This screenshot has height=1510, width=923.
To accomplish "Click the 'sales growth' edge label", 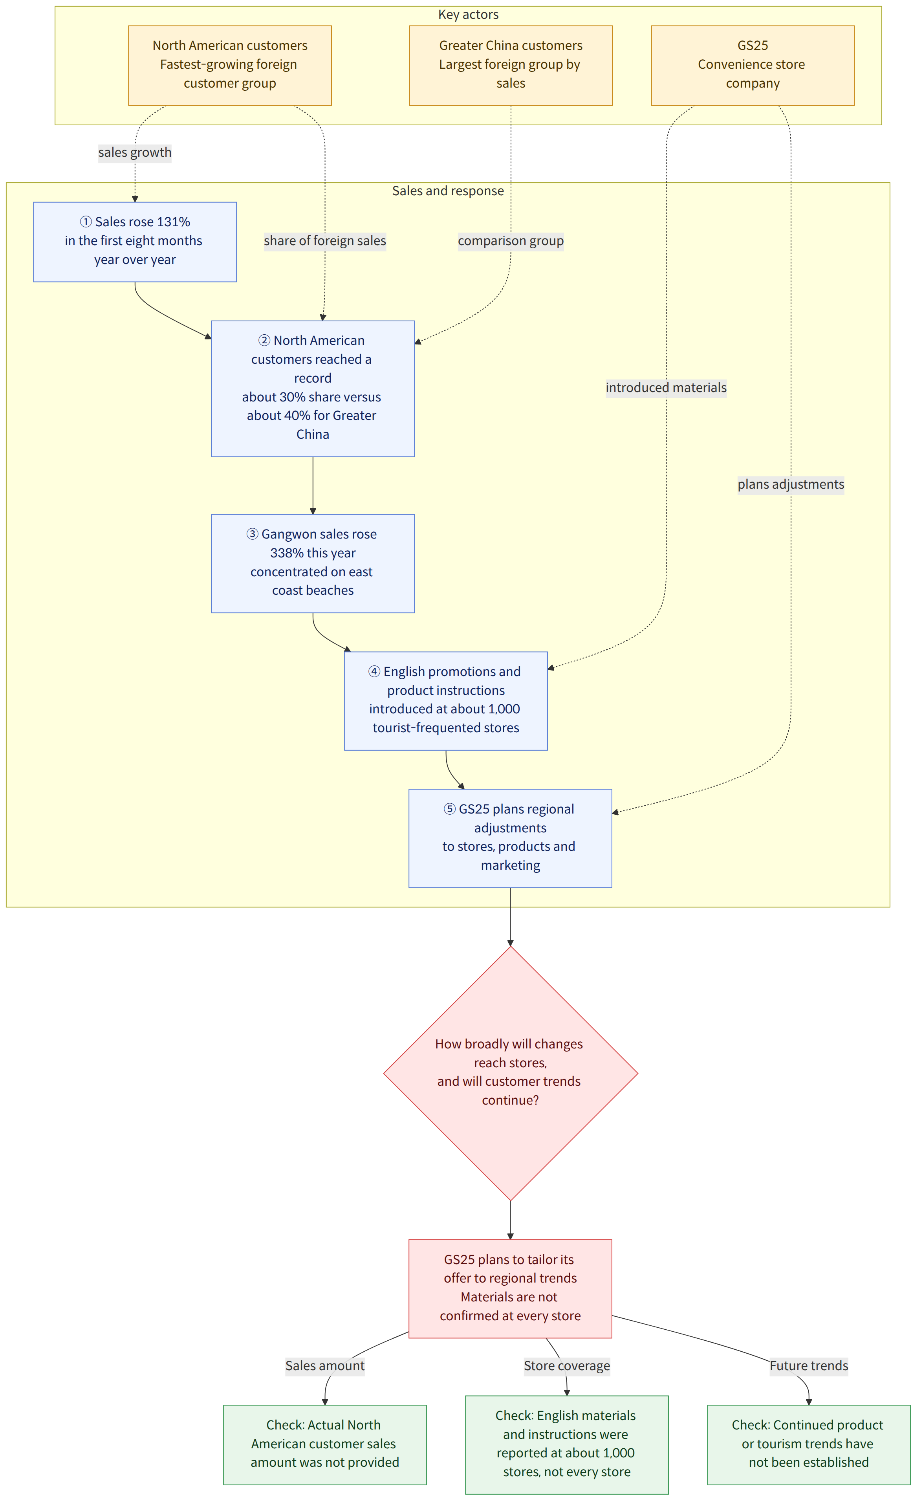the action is click(135, 152).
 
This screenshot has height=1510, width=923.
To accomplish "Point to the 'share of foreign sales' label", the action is click(325, 241).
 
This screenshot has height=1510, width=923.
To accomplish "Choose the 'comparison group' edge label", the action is click(511, 241).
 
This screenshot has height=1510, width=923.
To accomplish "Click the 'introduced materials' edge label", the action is click(666, 388).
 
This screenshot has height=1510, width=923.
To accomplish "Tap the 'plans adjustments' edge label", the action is click(791, 485).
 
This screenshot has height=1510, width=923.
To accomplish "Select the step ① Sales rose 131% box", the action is click(135, 242).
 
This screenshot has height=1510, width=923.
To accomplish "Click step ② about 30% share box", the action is click(313, 388).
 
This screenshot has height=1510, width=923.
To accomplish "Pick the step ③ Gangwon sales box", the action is click(313, 564).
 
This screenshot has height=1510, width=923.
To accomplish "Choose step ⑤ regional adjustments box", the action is click(511, 838).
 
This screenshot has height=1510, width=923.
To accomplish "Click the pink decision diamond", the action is click(511, 1074).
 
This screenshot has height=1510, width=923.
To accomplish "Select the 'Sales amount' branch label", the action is click(325, 1366).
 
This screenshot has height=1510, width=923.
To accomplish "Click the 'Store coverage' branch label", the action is click(567, 1366).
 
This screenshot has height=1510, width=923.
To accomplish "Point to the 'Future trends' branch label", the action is click(809, 1366).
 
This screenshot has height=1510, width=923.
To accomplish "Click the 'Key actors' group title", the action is click(468, 15).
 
